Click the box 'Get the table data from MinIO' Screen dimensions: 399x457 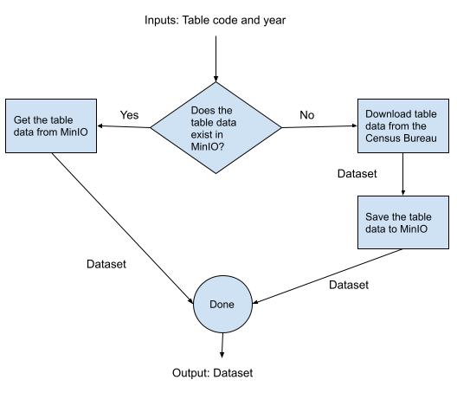50,126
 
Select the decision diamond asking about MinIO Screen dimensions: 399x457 216,128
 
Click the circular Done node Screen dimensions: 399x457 222,305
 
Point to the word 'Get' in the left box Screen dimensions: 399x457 23,119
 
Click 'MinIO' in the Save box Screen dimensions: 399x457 411,228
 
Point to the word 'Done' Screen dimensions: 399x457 222,305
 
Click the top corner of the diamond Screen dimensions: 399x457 216,84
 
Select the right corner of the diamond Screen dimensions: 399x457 280,128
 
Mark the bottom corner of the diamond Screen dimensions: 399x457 216,172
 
